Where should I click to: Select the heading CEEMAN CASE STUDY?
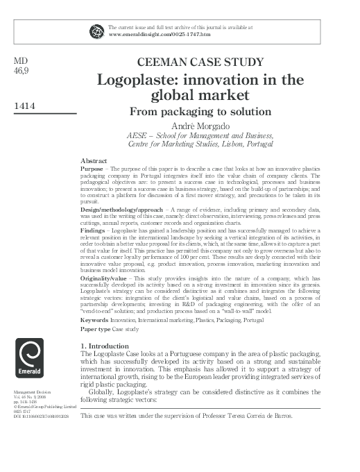(200, 62)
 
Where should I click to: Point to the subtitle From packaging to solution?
(200, 110)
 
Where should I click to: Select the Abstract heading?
(94, 160)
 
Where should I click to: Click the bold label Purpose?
(93, 168)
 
